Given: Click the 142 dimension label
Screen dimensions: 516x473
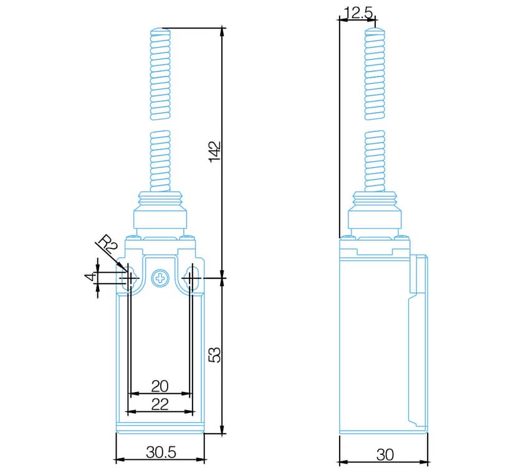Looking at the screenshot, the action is (214, 151).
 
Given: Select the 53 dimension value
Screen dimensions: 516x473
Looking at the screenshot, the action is (215, 355).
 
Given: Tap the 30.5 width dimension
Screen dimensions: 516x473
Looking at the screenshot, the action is (161, 452).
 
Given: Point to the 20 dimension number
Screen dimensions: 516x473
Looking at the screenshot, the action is (160, 386).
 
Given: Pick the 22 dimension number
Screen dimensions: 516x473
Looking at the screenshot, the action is (160, 405).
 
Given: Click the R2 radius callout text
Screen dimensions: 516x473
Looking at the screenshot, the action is (108, 245).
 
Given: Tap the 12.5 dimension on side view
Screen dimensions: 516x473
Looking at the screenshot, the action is (358, 13).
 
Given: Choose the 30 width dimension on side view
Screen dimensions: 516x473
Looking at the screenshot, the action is (385, 455).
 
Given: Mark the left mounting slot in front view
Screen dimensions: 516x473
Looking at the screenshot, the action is (128, 278).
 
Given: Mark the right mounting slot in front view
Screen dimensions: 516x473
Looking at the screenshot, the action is (193, 278).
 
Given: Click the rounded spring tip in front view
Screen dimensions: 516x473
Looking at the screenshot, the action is (160, 32).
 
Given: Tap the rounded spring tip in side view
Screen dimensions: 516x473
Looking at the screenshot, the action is (375, 31).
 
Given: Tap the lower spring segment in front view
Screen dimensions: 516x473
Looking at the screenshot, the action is (160, 161).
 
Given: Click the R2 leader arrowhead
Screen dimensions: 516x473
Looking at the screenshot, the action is (124, 268).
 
